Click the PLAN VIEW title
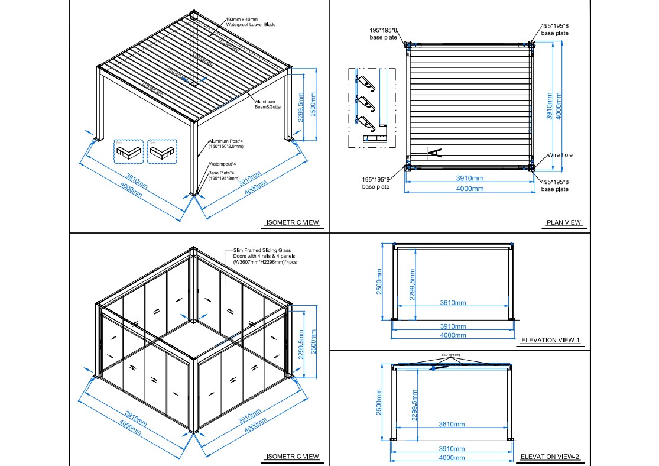pyautogui.click(x=564, y=223)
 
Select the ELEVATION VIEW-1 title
pyautogui.click(x=550, y=340)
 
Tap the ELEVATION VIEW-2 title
pyautogui.click(x=550, y=457)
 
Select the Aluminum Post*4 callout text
pyautogui.click(x=226, y=143)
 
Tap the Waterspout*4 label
pyautogui.click(x=222, y=164)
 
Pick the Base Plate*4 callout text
pyautogui.click(x=224, y=175)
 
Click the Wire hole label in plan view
pyautogui.click(x=559, y=155)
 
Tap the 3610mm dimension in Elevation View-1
pyautogui.click(x=452, y=303)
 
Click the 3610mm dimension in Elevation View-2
pyautogui.click(x=452, y=424)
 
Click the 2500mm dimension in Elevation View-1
pyautogui.click(x=379, y=281)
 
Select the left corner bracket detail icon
pyautogui.click(x=128, y=151)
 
